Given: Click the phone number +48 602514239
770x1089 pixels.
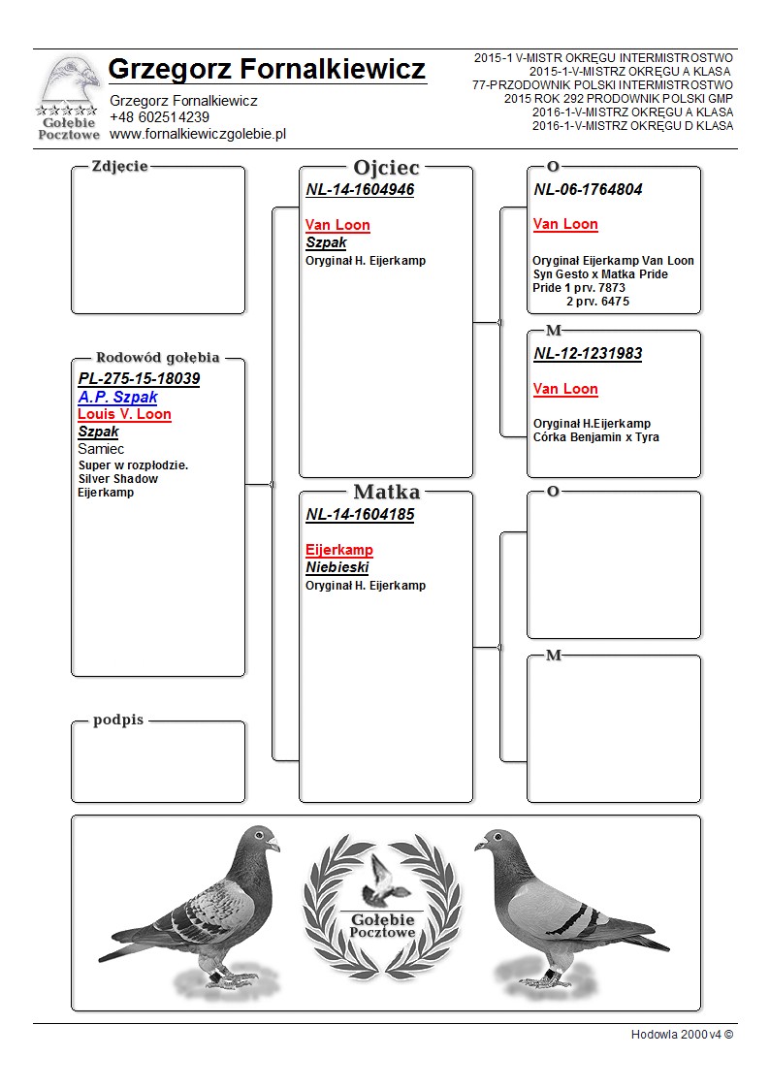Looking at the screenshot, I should [x=159, y=117].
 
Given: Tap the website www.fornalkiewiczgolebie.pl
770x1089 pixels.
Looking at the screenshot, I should [x=198, y=134].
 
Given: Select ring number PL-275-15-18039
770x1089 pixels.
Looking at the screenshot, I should [x=139, y=378].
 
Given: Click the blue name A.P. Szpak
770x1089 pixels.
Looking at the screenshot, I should [x=117, y=397].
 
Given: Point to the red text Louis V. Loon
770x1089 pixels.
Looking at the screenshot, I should [x=124, y=414].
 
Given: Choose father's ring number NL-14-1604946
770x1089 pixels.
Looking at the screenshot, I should [x=360, y=190].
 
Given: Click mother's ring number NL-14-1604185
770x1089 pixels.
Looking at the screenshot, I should [x=360, y=515].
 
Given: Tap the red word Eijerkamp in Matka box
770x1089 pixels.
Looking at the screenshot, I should [x=339, y=550].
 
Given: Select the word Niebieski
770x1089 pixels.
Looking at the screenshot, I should [x=337, y=567].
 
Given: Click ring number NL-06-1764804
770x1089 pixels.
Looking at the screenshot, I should [x=588, y=190].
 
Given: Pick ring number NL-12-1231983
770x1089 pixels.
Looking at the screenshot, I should [x=588, y=354].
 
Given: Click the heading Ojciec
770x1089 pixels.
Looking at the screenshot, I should [x=386, y=168].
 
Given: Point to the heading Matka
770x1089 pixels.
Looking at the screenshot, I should [x=386, y=493].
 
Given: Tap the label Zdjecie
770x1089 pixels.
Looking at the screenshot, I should [x=119, y=166].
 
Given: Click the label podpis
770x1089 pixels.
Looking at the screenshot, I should [x=118, y=721].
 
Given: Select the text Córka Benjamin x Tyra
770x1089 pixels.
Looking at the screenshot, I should [x=595, y=437].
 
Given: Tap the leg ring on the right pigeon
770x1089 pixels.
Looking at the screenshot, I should [x=550, y=973].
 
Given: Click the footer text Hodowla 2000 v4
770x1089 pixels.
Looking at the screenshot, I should [x=681, y=1035].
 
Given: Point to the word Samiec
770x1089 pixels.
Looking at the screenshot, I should [x=101, y=449].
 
